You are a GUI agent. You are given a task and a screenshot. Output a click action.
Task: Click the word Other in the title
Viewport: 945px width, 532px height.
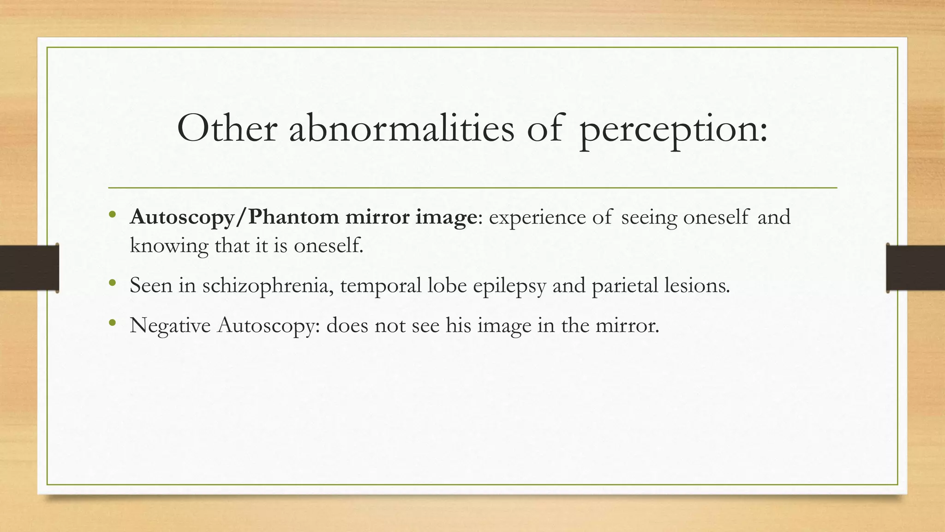click(227, 128)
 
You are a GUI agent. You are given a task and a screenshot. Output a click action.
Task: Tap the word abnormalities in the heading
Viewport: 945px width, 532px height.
click(401, 128)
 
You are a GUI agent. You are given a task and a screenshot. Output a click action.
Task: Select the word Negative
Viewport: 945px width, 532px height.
click(170, 326)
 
